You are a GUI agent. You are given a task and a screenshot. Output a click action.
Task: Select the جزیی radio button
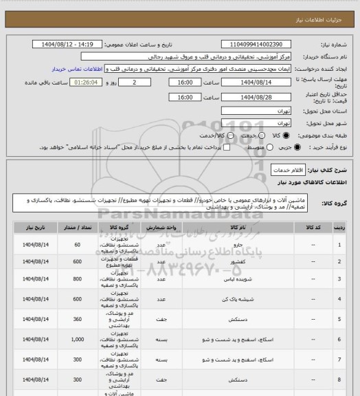[297, 147]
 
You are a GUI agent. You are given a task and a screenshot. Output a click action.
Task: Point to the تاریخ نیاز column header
[31, 225]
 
